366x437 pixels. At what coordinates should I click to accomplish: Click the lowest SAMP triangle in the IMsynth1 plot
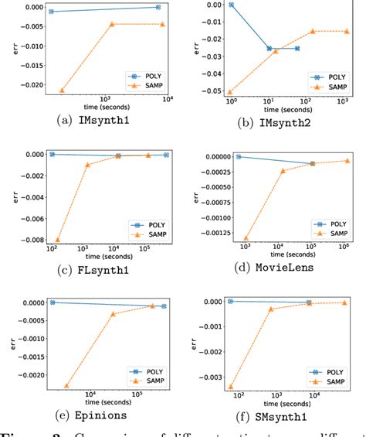click(x=62, y=90)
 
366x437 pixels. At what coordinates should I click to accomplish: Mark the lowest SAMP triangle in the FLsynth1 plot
click(x=57, y=240)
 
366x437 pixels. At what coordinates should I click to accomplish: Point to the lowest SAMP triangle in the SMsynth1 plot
click(x=231, y=386)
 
